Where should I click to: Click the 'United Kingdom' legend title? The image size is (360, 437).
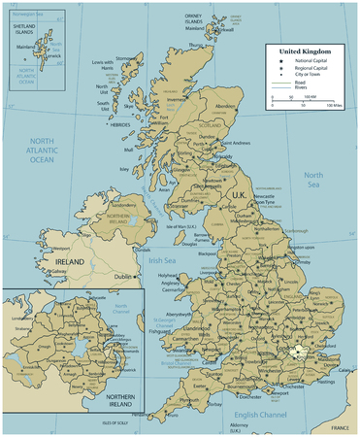306,50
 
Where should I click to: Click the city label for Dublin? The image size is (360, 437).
123,276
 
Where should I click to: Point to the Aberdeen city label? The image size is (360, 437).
224,105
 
